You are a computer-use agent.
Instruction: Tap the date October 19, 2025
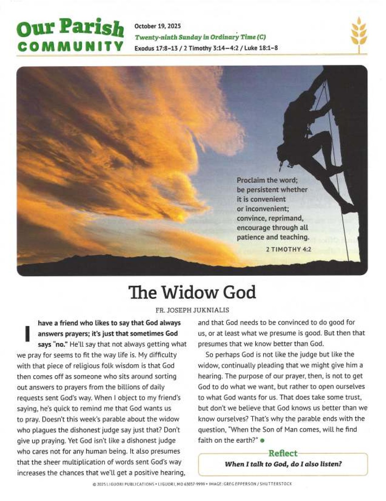pyautogui.click(x=158, y=26)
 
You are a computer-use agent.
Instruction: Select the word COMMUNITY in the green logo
pyautogui.click(x=70, y=47)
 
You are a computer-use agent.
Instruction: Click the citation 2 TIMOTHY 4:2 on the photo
pyautogui.click(x=288, y=249)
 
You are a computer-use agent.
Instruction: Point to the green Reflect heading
pyautogui.click(x=283, y=453)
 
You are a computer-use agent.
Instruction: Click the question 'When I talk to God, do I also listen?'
pyautogui.click(x=283, y=464)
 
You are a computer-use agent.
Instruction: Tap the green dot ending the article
pyautogui.click(x=263, y=441)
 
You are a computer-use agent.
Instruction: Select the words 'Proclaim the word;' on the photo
pyautogui.click(x=267, y=180)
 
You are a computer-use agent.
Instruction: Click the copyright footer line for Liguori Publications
pyautogui.click(x=192, y=484)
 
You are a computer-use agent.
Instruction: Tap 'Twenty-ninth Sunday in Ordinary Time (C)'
pyautogui.click(x=200, y=37)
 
